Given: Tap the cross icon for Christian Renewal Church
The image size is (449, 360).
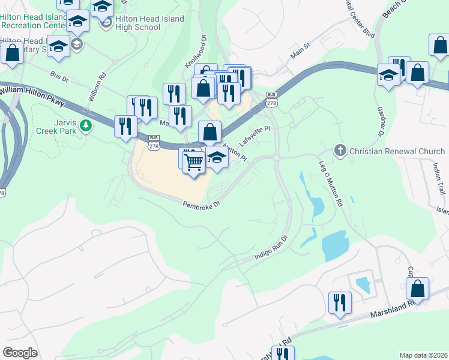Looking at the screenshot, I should pyautogui.click(x=340, y=150).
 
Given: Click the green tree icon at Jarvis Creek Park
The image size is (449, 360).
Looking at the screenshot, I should pyautogui.click(x=87, y=125).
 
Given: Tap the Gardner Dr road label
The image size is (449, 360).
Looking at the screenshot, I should pyautogui.click(x=381, y=121).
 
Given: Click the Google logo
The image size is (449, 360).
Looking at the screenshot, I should pyautogui.click(x=20, y=353).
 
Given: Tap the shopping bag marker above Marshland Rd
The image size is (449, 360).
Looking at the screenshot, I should pyautogui.click(x=417, y=288).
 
